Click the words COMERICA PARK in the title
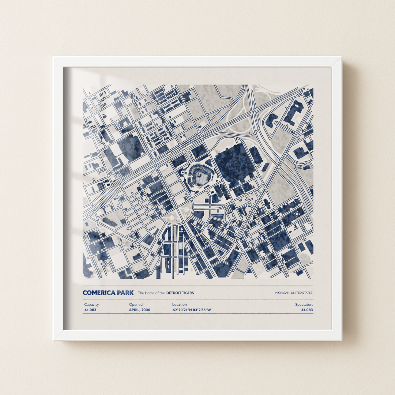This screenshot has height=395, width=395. tap(108, 293)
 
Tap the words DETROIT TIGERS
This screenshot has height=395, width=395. tap(180, 293)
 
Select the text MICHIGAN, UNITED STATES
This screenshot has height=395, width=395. tap(294, 293)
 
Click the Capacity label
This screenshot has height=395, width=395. tap(91, 304)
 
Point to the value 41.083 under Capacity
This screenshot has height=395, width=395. tap(90, 310)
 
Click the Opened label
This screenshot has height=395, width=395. tap(136, 304)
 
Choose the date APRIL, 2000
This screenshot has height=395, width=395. tap(139, 310)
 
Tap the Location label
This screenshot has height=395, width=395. tap(179, 304)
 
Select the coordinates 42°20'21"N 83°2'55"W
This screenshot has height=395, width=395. tap(192, 310)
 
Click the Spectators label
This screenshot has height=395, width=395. tap(304, 304)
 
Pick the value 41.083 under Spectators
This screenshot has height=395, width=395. tap(307, 310)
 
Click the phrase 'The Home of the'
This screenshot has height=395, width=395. tap(151, 293)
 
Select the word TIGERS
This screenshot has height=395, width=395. tap(188, 293)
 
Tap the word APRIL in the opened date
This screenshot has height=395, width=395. tap(134, 310)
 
